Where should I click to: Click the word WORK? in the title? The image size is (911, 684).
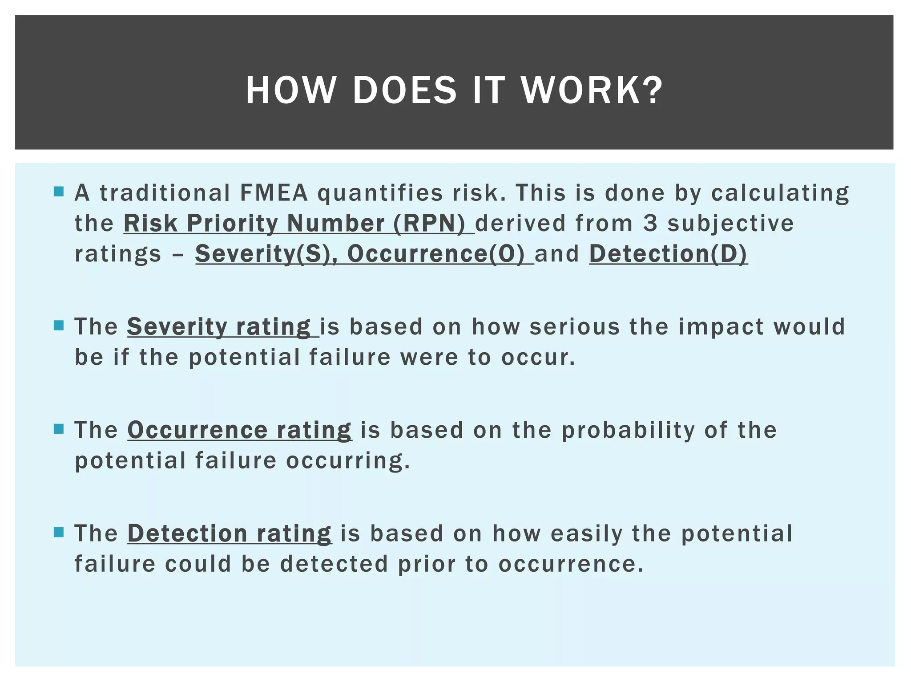click(592, 90)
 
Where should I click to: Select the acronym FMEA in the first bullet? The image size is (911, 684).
click(274, 193)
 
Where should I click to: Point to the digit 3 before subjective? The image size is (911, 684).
click(650, 223)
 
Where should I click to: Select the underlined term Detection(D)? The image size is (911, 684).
click(668, 253)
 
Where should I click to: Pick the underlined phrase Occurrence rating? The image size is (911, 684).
click(239, 430)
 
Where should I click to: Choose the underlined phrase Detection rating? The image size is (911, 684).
click(229, 533)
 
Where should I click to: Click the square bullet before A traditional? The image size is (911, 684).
click(59, 192)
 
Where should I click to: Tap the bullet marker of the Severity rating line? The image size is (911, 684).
click(59, 326)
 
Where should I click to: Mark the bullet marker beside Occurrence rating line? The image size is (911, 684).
click(59, 429)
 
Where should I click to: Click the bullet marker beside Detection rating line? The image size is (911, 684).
click(59, 532)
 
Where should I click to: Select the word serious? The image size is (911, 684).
click(575, 327)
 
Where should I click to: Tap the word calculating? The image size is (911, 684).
click(780, 193)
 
